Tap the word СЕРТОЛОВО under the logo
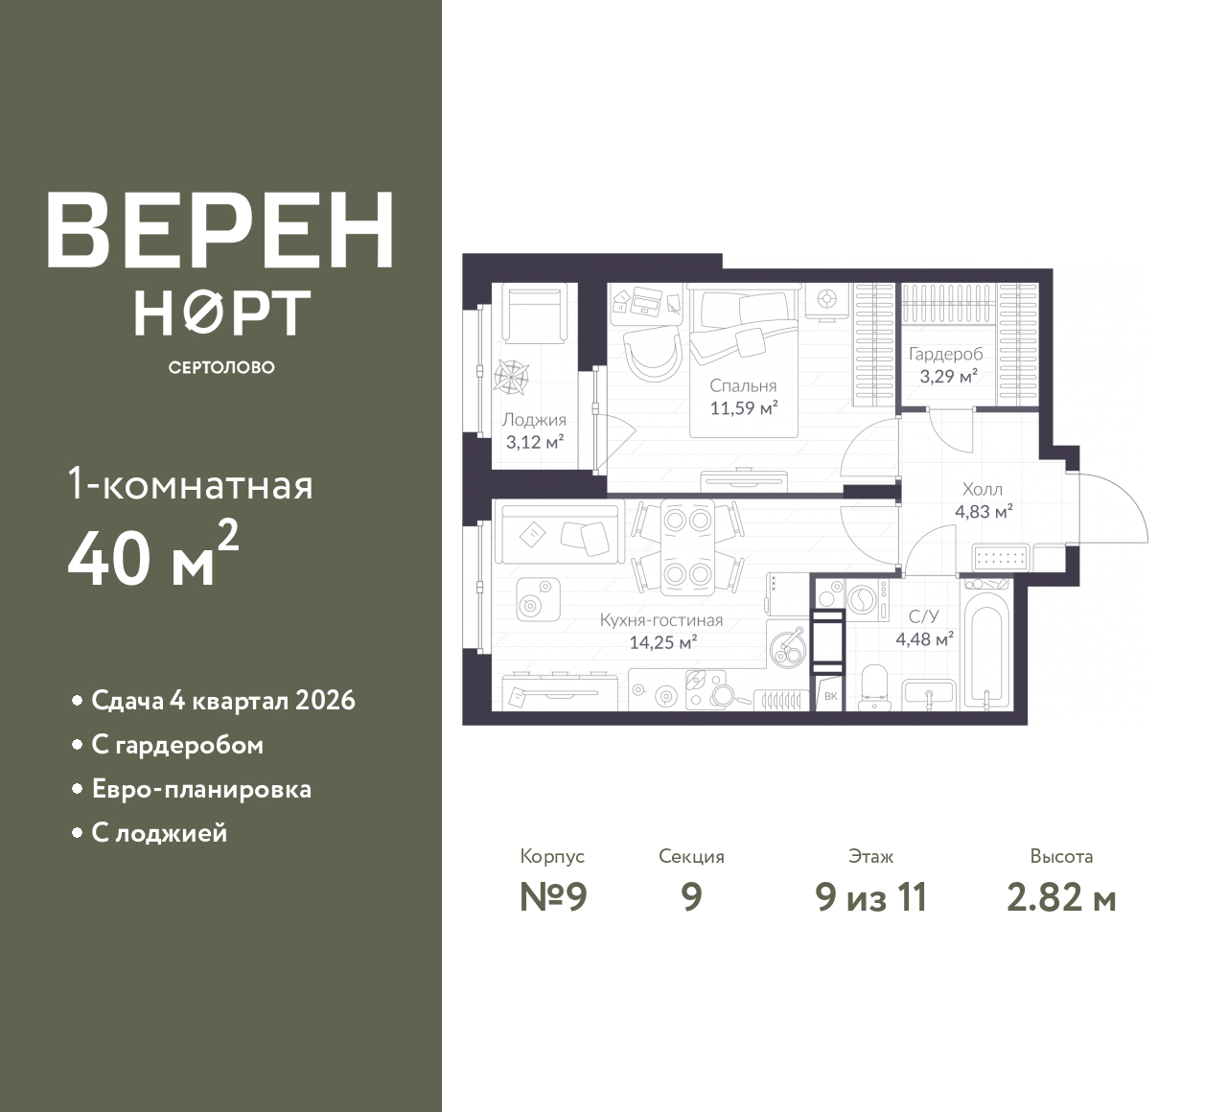[221, 367]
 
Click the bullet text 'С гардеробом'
[177, 745]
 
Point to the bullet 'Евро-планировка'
[201, 789]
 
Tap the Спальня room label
[743, 386]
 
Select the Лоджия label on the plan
[534, 420]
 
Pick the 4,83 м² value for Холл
[984, 511]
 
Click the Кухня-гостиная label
[661, 619]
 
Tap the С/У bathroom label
[924, 616]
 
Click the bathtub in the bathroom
[986, 650]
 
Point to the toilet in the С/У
[873, 688]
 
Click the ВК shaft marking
[830, 696]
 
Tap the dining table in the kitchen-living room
[687, 546]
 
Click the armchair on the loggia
[531, 313]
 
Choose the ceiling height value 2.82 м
[1061, 898]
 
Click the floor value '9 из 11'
[871, 898]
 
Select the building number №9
[553, 898]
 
